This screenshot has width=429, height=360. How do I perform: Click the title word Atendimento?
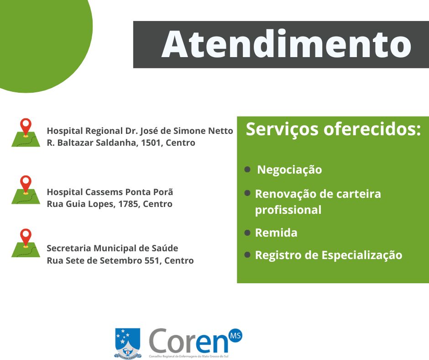286,44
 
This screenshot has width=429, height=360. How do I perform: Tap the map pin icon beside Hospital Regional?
26,132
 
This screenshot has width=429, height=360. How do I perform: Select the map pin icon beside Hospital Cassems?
26,190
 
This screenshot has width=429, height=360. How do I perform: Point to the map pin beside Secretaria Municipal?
26,243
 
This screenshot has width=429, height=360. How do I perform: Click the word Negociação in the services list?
289,170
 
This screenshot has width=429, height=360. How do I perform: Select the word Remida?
276,233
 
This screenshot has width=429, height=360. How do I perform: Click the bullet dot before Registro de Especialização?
247,255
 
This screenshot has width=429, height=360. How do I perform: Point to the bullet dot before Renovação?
247,193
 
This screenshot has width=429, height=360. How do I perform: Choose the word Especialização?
362,256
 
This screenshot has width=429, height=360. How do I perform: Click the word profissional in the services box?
288,211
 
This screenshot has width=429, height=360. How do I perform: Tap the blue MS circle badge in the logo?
235,336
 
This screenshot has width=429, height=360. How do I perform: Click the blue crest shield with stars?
127,343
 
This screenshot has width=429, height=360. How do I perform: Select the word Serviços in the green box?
282,130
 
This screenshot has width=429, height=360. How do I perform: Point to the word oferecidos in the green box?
372,129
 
